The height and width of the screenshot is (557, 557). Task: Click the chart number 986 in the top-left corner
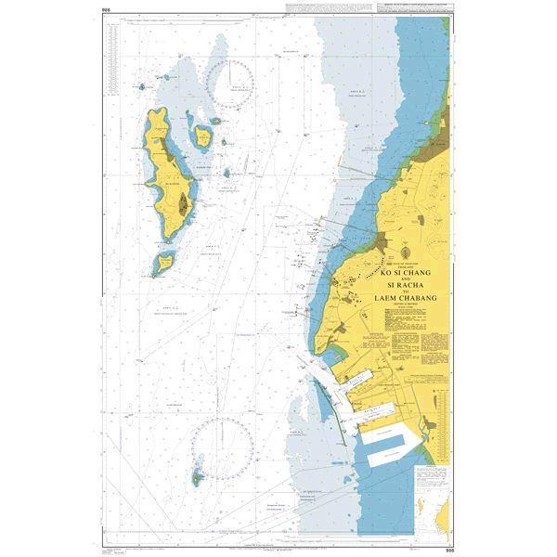click(107, 11)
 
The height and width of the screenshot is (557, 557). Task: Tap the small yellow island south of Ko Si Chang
click(163, 264)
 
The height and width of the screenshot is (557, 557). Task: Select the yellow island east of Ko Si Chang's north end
click(202, 138)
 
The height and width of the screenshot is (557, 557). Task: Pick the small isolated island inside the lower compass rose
click(197, 479)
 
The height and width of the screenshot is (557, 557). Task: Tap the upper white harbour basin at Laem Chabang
click(389, 432)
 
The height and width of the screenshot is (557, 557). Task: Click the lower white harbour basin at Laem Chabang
click(389, 456)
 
